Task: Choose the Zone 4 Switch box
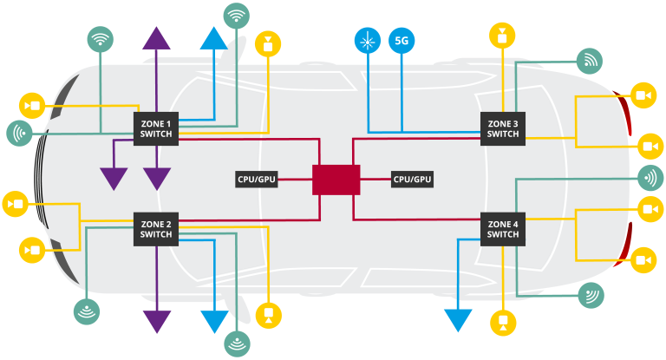point(503,229)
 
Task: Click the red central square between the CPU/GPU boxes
point(336,180)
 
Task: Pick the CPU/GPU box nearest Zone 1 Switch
point(257,180)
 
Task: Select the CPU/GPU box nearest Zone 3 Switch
point(412,180)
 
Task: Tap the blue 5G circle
point(402,41)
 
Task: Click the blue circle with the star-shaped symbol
point(368,41)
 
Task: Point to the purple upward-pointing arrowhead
point(156,38)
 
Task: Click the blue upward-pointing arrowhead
point(213,38)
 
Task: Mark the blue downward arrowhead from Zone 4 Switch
point(457,320)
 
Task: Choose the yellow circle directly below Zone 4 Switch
point(502,322)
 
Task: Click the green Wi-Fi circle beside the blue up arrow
point(236,16)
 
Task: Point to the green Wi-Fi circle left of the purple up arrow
point(101,39)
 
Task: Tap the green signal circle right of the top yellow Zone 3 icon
point(590,60)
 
